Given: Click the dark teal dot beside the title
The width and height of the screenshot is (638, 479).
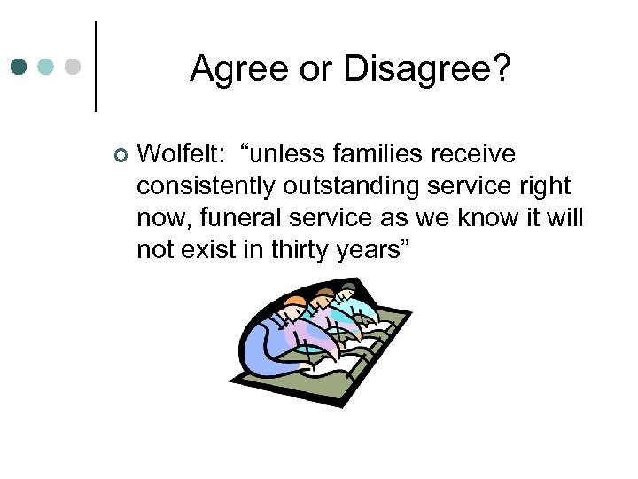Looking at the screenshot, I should click(20, 67).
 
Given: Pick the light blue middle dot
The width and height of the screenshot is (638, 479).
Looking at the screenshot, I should click(47, 67).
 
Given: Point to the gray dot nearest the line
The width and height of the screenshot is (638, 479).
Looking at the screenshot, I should click(74, 67).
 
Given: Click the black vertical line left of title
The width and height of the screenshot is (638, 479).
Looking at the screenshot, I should click(95, 67).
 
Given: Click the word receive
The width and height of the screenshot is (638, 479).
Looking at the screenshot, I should click(473, 154).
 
